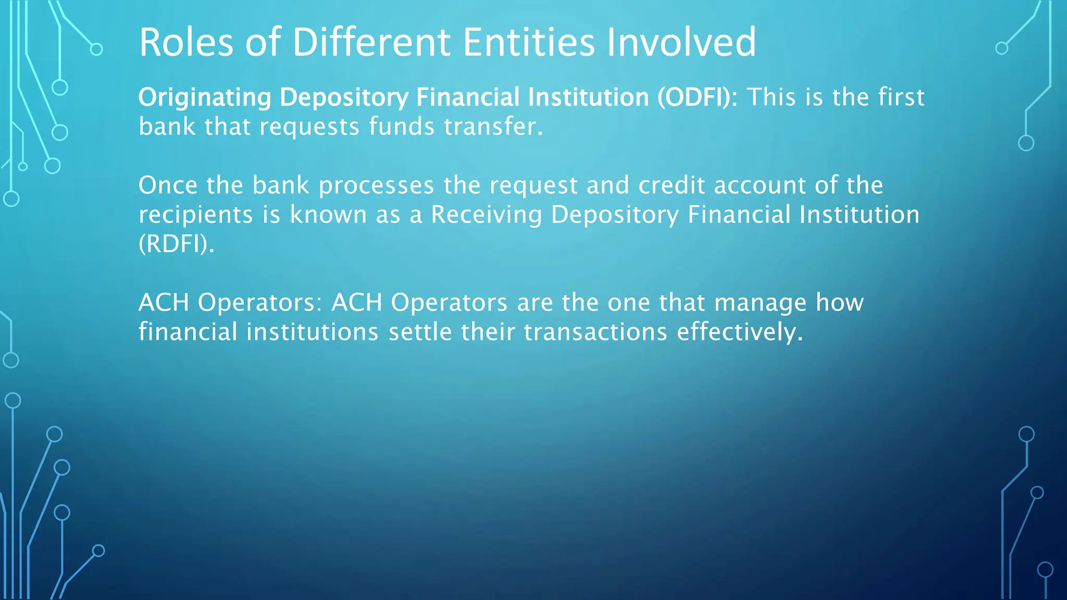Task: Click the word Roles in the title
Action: click(x=186, y=43)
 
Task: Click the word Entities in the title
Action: click(x=528, y=43)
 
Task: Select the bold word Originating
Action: click(x=205, y=98)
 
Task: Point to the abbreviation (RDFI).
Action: click(x=176, y=244)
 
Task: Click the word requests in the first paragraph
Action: click(x=309, y=127)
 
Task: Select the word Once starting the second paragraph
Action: click(x=168, y=185)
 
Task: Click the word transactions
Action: click(x=595, y=332)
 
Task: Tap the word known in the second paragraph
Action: click(x=328, y=215)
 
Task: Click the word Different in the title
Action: click(x=371, y=43)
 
